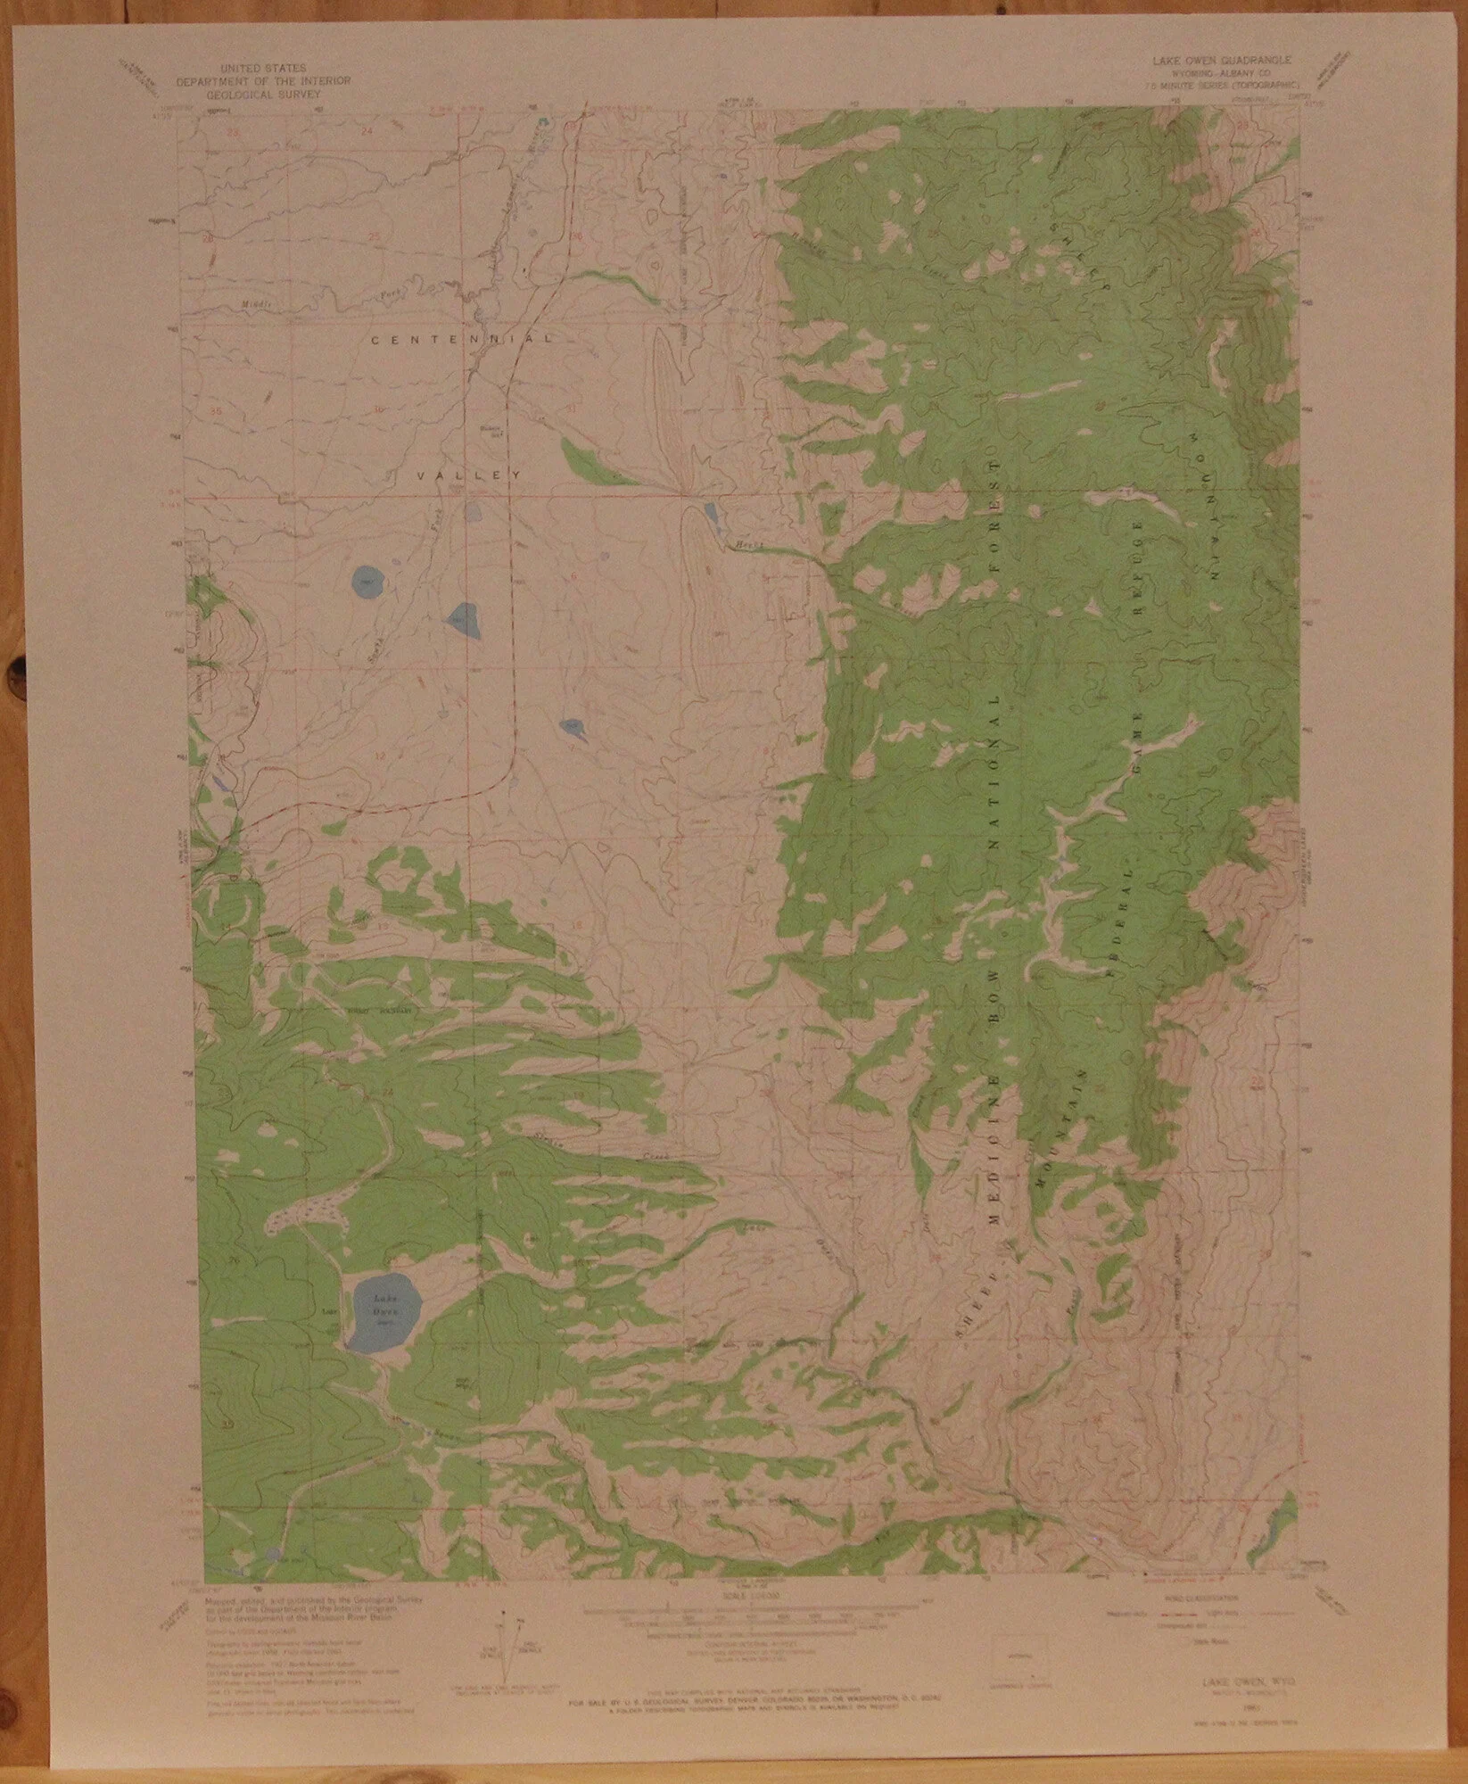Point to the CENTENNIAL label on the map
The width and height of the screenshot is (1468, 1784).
pyautogui.click(x=461, y=340)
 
